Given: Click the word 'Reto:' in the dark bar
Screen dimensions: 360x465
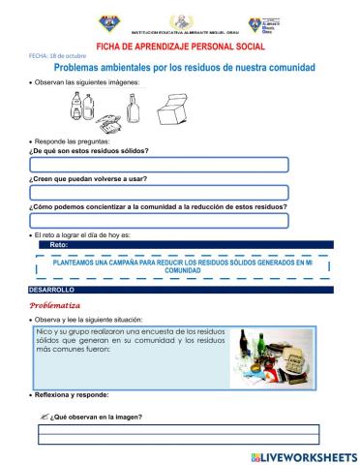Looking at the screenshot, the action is [x=59, y=246].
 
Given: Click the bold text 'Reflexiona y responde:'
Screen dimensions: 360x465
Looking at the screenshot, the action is [x=72, y=395].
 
